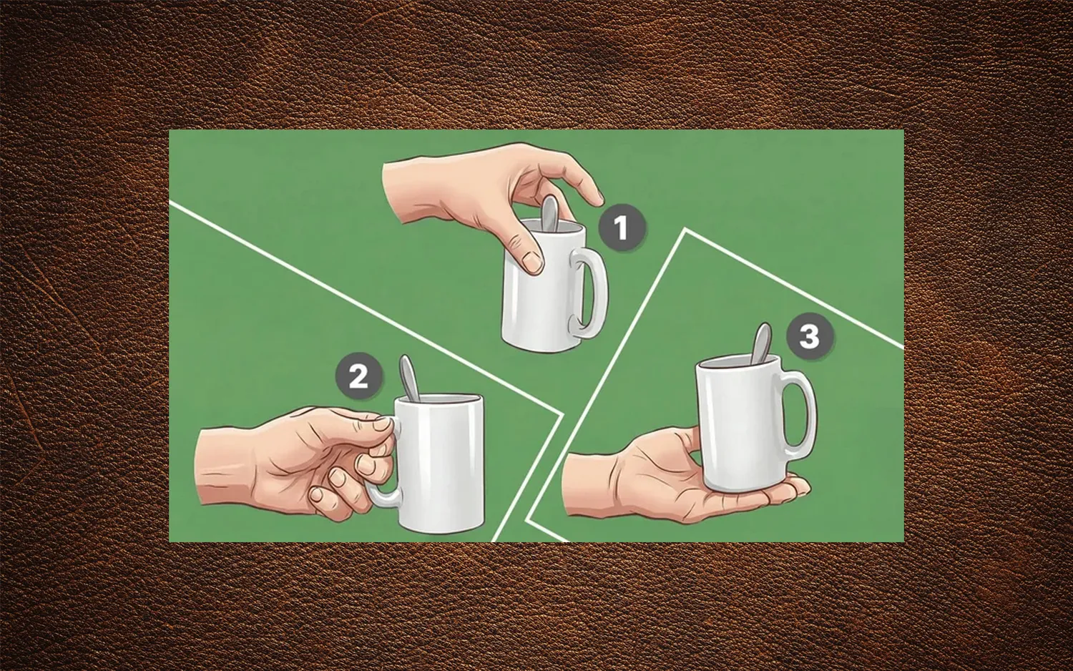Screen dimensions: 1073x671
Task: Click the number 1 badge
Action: point(621,227)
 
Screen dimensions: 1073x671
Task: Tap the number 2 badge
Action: point(359,376)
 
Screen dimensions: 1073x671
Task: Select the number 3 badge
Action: point(809,335)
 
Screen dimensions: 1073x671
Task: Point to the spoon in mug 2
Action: point(408,378)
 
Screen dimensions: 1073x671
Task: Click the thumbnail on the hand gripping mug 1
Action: point(531,263)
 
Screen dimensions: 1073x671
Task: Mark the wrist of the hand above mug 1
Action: point(402,192)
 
